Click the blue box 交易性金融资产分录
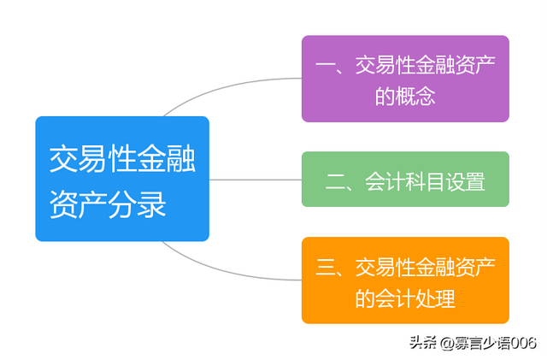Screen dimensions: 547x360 [x=122, y=179]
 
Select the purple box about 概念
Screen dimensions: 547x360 [x=405, y=79]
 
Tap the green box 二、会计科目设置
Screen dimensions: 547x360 [x=405, y=179]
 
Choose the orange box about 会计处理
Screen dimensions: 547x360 [x=405, y=280]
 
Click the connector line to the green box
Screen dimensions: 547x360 [x=256, y=180]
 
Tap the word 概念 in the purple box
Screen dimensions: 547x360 [x=415, y=96]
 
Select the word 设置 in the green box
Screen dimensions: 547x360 [x=465, y=181]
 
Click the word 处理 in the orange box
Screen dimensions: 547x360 [x=435, y=298]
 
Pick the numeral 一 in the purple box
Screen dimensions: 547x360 [x=325, y=65]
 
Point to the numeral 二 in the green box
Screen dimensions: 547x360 [x=335, y=182]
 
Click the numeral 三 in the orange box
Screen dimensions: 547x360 [x=325, y=267]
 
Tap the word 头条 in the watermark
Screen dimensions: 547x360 [x=423, y=343]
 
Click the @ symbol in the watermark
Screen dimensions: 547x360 [x=446, y=344]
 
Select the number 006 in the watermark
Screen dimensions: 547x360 [x=524, y=343]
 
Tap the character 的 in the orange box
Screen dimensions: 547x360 [x=365, y=298]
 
